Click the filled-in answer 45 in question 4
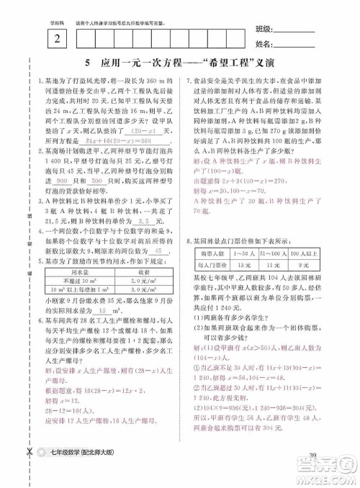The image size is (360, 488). pyautogui.click(x=150, y=253)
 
